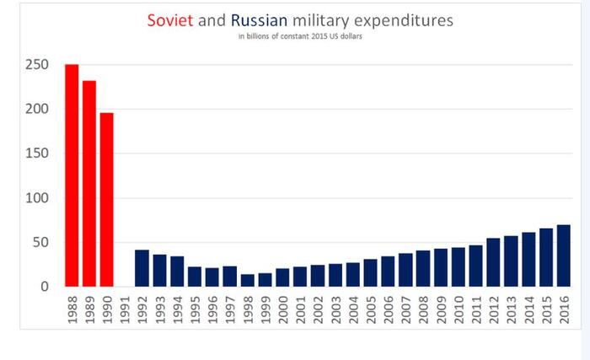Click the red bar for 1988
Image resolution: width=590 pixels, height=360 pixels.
point(72,175)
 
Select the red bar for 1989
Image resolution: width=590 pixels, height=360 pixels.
point(89,184)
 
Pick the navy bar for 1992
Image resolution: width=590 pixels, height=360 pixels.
point(142,268)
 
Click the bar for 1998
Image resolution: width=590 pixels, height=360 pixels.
point(247,280)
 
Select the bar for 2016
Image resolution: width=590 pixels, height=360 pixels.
point(563,255)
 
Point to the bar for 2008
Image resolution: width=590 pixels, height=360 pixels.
point(423,268)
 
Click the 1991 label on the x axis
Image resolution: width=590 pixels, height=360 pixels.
point(125,309)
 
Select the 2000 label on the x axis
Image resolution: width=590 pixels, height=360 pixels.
point(282,309)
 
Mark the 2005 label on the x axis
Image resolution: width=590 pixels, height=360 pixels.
point(370,309)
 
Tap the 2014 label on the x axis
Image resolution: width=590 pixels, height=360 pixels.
point(528,309)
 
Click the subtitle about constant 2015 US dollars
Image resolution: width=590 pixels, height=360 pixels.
point(301,37)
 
